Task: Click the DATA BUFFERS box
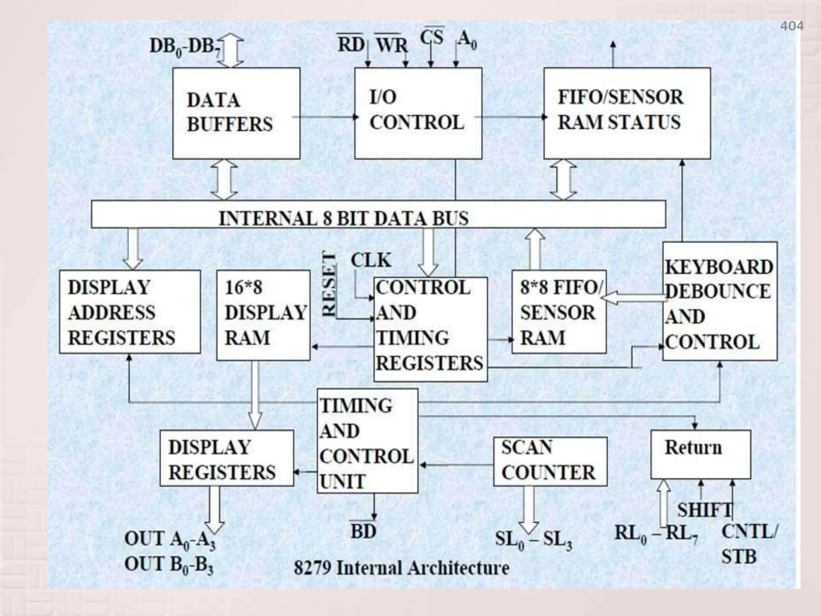(x=236, y=113)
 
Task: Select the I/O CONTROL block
(x=418, y=113)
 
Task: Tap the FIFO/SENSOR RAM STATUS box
(x=627, y=113)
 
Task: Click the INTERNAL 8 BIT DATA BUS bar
(x=378, y=215)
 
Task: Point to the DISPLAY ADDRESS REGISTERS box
(x=129, y=312)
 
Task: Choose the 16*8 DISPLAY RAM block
(x=263, y=315)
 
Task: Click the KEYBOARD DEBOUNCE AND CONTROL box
(x=719, y=301)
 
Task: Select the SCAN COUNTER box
(x=550, y=461)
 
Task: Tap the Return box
(x=700, y=454)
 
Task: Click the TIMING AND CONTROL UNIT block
(x=367, y=441)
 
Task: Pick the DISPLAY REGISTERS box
(x=226, y=458)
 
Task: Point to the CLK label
(x=371, y=261)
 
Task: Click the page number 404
(x=791, y=26)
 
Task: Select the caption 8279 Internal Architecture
(x=401, y=568)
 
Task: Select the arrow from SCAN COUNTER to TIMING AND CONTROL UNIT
(x=456, y=465)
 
